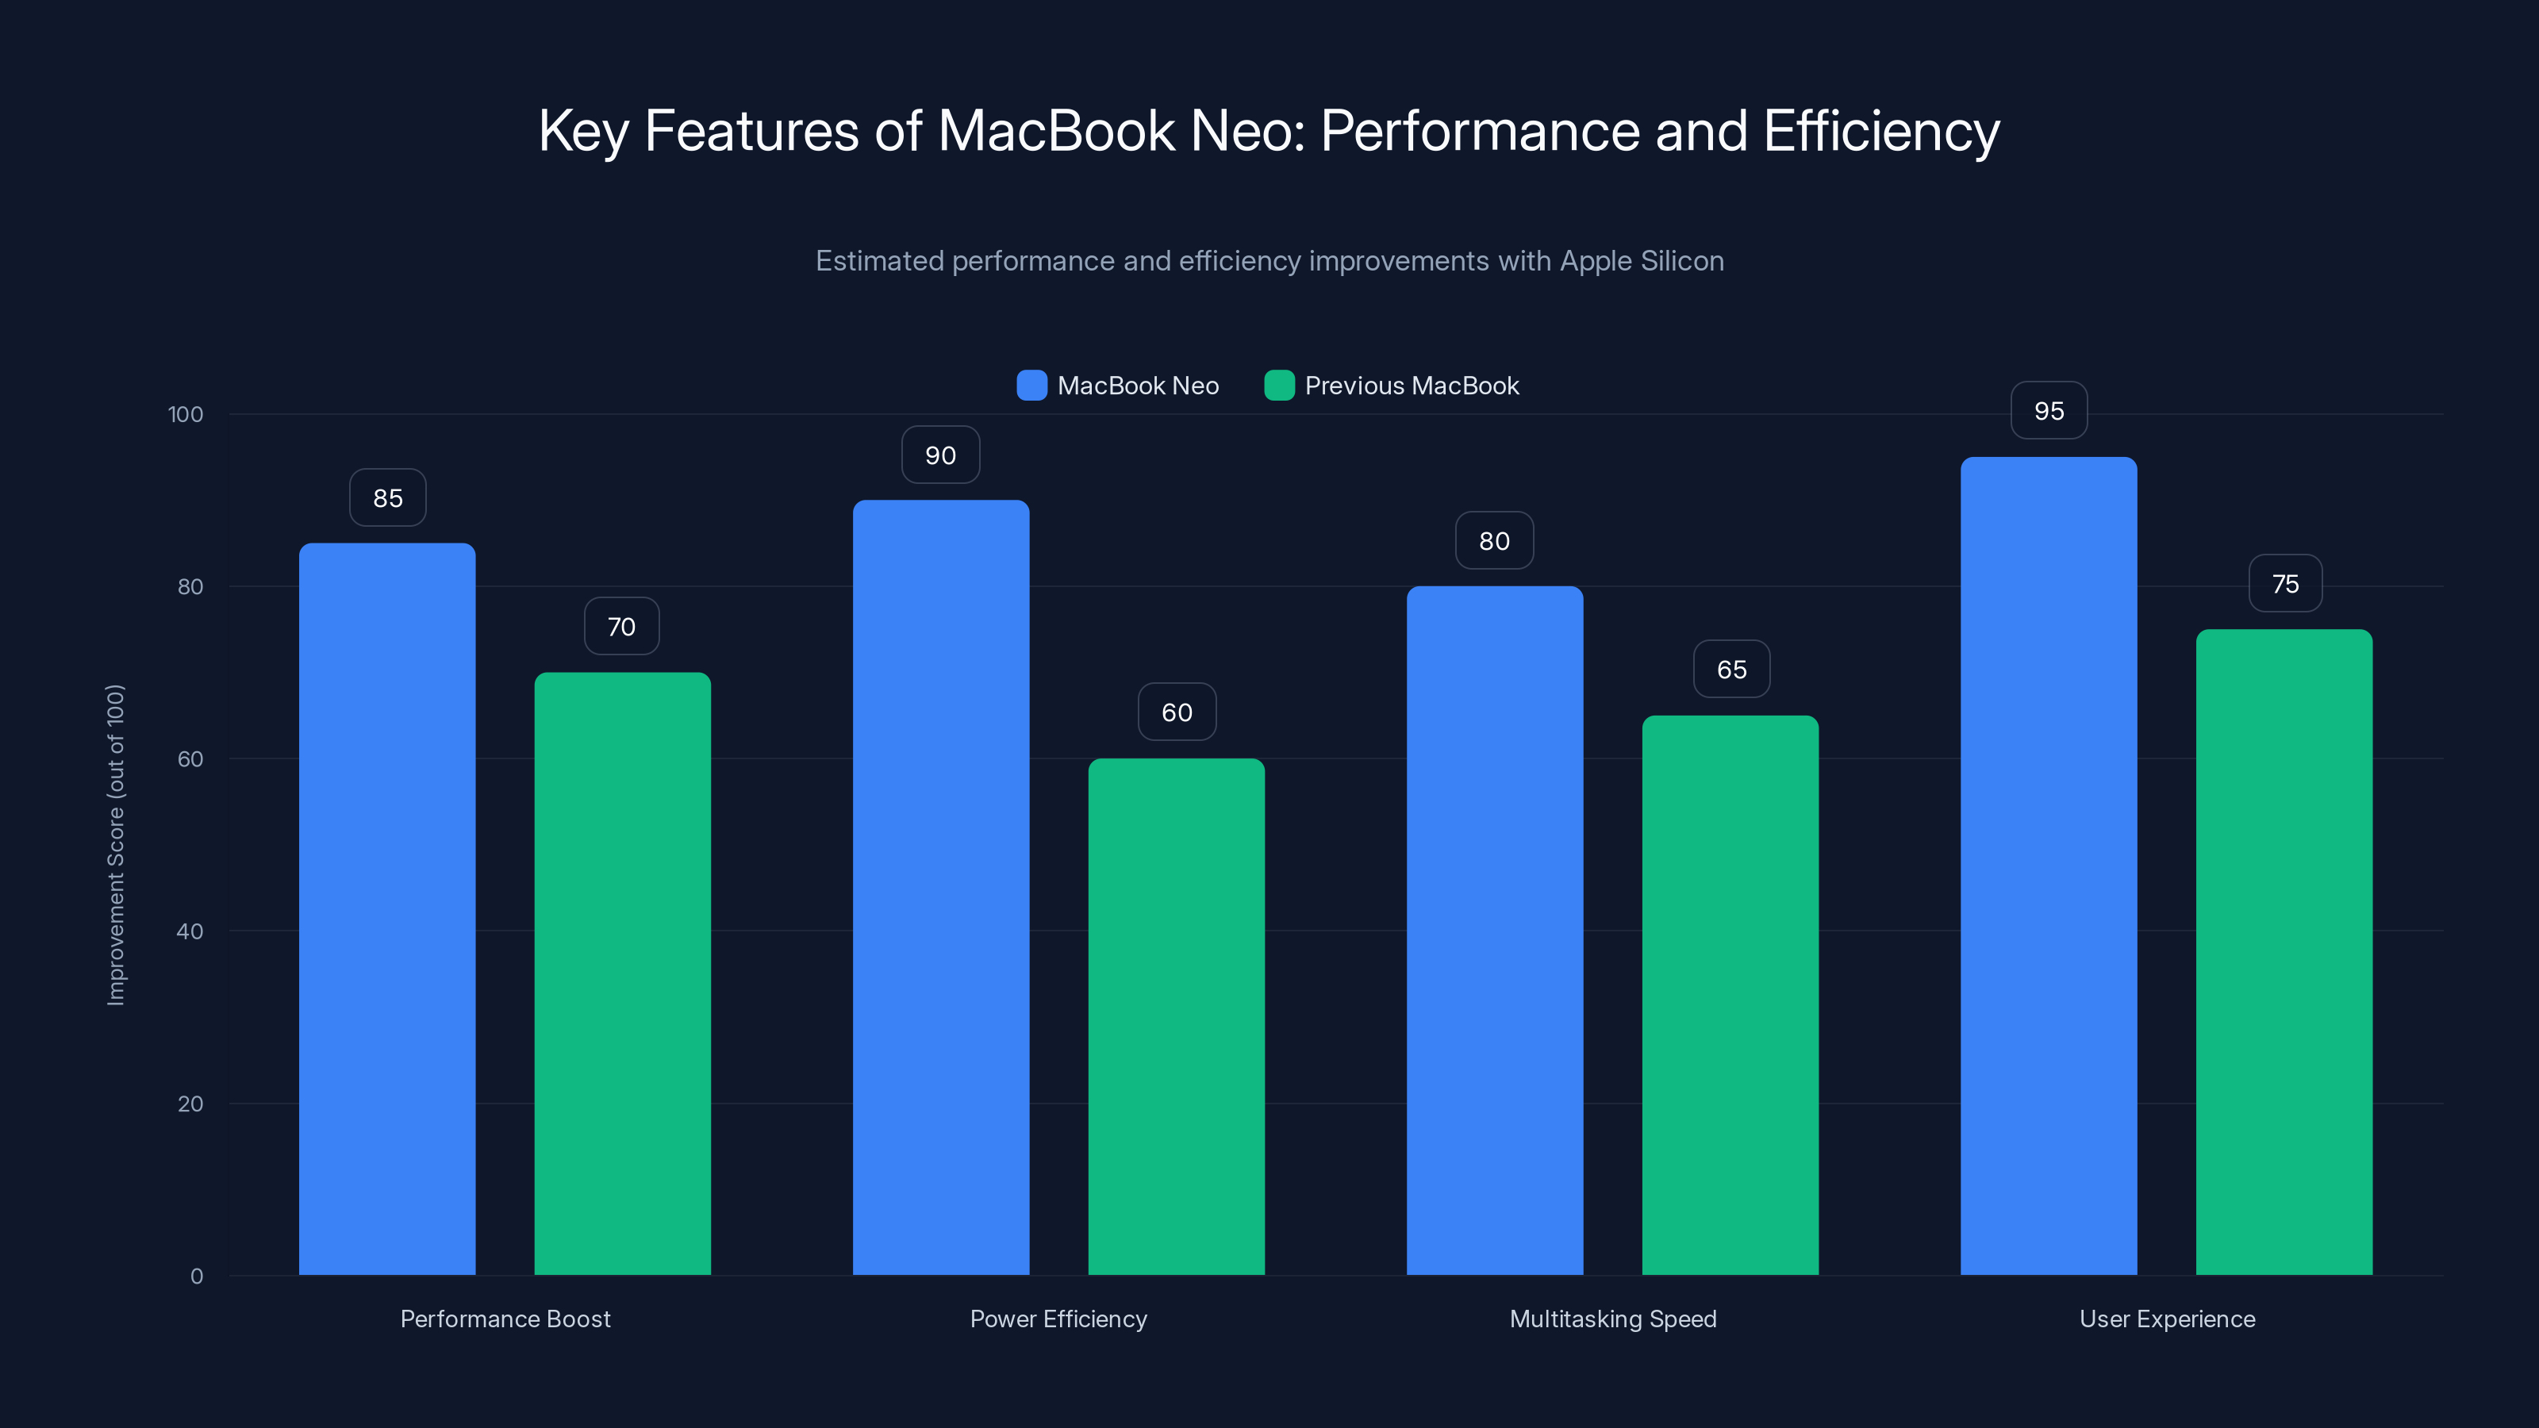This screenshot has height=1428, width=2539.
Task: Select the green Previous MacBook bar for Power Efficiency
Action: [x=1176, y=1016]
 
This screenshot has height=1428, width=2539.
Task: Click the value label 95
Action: [x=2048, y=411]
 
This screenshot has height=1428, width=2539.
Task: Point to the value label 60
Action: [x=1177, y=712]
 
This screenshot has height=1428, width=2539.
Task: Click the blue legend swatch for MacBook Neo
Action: [x=1031, y=386]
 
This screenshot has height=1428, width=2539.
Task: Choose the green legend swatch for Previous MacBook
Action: [x=1278, y=386]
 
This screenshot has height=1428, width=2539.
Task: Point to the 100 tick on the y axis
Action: [x=186, y=415]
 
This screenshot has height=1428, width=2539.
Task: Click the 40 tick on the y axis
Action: [x=190, y=931]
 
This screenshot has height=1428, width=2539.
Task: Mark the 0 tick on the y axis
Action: [x=196, y=1276]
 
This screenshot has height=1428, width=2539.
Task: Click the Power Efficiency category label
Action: [x=1058, y=1319]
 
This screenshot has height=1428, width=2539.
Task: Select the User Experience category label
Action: [x=2166, y=1319]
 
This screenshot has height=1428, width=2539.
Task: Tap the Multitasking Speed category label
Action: [x=1612, y=1319]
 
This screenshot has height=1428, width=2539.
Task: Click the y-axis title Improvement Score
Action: [x=115, y=845]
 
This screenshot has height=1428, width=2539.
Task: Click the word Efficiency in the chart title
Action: [x=1880, y=132]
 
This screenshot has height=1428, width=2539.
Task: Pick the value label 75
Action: [x=2285, y=585]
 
